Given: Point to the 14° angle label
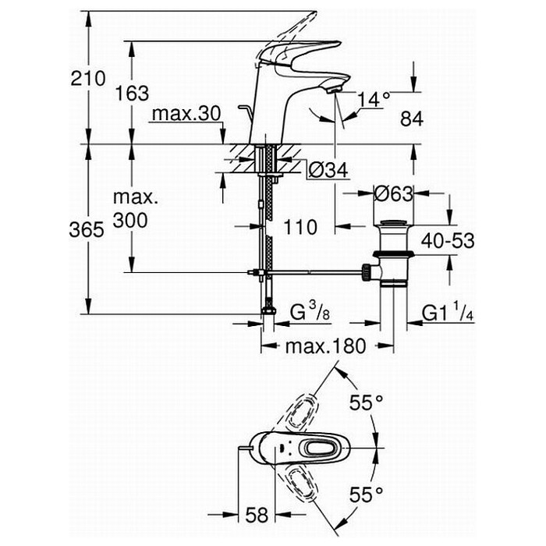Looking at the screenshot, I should coord(374,99).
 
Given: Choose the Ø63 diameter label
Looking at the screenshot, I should coord(392,193).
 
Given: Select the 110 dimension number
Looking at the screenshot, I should coord(300,228).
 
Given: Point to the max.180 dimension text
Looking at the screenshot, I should coord(324,346).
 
